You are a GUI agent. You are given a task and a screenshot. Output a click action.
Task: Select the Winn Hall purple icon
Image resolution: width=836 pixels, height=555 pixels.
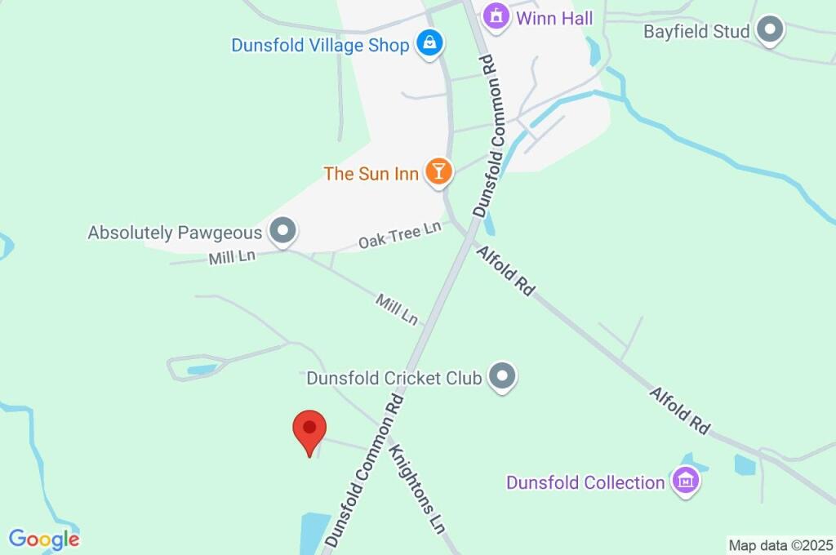tap(496, 16)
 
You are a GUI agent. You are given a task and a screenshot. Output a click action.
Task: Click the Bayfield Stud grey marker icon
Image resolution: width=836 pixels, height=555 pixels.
tap(769, 31)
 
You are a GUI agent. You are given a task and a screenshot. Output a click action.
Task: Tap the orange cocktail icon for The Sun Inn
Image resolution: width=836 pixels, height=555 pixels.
tap(438, 171)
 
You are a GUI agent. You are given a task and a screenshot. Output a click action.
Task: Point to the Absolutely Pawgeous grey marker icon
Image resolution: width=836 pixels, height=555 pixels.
tap(283, 232)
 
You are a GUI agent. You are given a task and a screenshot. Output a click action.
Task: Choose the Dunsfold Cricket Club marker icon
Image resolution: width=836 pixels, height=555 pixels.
tap(502, 377)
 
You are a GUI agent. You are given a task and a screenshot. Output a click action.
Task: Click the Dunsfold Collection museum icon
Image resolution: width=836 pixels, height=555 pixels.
tap(684, 481)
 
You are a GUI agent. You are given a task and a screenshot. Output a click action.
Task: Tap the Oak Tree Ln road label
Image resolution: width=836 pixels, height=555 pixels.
tap(400, 236)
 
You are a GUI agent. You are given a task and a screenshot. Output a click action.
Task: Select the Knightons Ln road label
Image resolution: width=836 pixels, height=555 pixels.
tap(416, 490)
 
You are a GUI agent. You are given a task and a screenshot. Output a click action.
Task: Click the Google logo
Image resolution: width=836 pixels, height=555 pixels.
tap(44, 539)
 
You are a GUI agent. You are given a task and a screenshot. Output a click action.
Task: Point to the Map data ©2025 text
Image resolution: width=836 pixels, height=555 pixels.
tap(781, 545)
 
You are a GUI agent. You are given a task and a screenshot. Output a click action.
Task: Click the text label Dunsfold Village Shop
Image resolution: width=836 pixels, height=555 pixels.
tap(320, 45)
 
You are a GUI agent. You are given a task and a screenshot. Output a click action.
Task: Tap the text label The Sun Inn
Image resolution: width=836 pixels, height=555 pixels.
tap(371, 173)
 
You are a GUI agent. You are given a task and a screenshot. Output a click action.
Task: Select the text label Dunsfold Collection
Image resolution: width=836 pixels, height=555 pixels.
tap(585, 482)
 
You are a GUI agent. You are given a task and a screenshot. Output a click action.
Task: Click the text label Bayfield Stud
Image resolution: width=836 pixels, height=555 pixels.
tap(696, 32)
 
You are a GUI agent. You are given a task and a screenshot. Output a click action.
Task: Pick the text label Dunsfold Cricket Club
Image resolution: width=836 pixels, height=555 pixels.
tap(394, 378)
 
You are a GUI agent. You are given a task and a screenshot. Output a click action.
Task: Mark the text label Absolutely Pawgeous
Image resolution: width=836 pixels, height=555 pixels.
tap(176, 233)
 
